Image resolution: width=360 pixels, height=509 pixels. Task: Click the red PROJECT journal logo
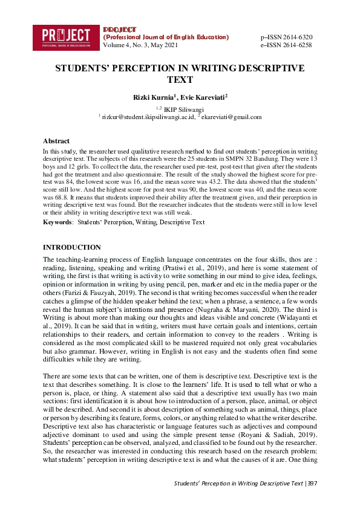tap(67, 37)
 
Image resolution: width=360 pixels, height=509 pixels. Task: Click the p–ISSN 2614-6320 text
tap(286, 37)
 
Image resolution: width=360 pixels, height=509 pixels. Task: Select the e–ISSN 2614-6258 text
tap(286, 45)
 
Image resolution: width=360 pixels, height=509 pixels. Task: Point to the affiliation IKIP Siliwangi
tap(182, 109)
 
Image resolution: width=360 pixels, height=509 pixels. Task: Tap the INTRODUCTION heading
tap(71, 247)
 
